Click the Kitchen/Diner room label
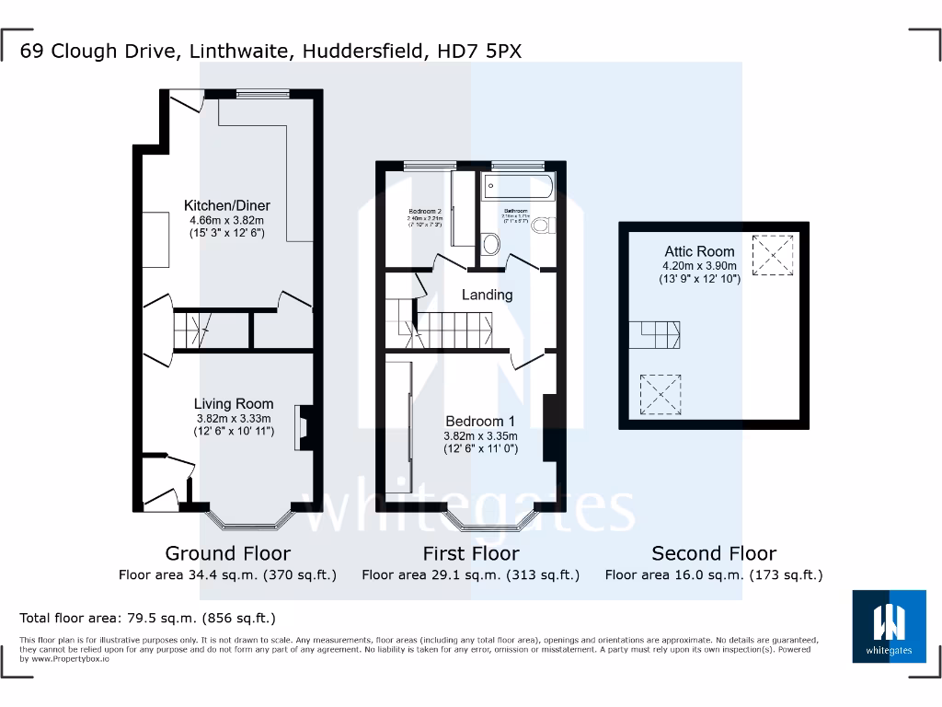[x=227, y=205]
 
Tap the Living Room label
[x=234, y=403]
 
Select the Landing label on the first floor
[x=487, y=295]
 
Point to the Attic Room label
[x=699, y=251]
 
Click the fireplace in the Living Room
[x=304, y=427]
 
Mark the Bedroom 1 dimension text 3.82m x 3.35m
[x=481, y=436]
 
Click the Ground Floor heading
[x=227, y=553]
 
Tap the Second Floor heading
[x=714, y=553]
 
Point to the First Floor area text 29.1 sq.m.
[x=470, y=575]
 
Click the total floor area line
[x=147, y=618]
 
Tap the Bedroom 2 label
[x=426, y=211]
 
